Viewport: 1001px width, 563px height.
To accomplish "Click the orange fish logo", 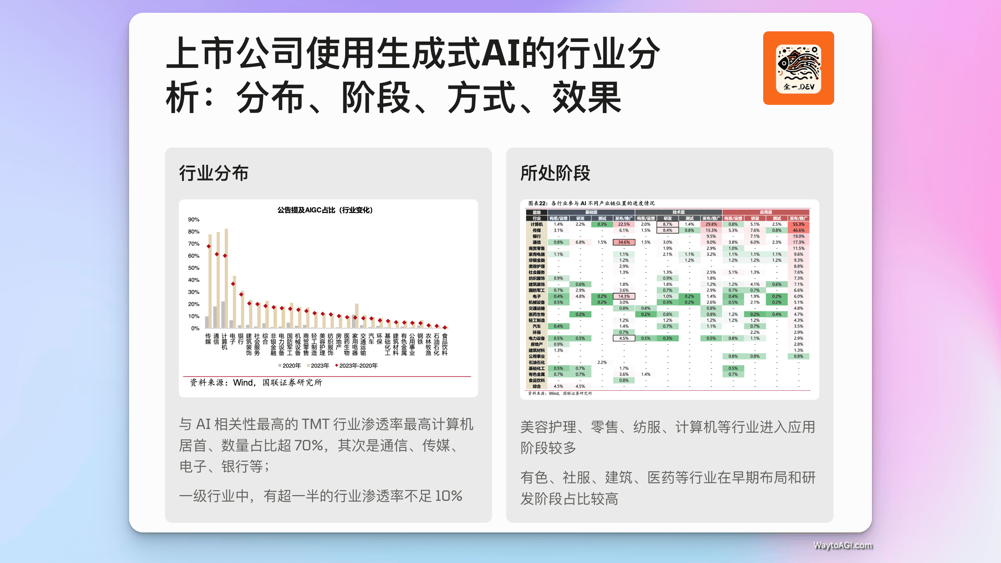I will click(x=798, y=68).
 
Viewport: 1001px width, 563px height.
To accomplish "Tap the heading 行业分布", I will click(x=213, y=173).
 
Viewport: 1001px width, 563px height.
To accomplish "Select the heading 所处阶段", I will click(x=555, y=173).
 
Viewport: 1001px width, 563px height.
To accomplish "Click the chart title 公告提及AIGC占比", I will click(x=325, y=210).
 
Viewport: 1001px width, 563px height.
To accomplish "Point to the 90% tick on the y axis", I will click(x=193, y=220).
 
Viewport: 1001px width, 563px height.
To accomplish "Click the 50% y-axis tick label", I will click(x=193, y=268).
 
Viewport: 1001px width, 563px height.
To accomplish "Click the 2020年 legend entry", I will click(x=289, y=366).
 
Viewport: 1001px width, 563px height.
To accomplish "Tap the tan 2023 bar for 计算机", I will click(x=226, y=278).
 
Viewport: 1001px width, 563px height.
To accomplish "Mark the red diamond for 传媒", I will click(x=209, y=246).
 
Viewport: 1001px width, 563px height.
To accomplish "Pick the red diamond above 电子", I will click(x=233, y=284).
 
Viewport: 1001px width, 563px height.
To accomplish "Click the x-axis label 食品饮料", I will click(x=445, y=344).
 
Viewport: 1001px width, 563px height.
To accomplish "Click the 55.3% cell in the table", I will click(x=798, y=224).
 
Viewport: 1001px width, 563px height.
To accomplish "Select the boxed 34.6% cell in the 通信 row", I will click(x=624, y=242).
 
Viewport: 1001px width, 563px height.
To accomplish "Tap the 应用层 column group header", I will click(x=766, y=212).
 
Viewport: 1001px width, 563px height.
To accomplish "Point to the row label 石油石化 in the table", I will click(x=536, y=363).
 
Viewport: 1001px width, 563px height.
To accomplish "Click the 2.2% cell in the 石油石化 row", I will click(x=602, y=363).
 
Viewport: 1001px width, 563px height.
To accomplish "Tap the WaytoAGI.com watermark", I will click(x=842, y=545).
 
